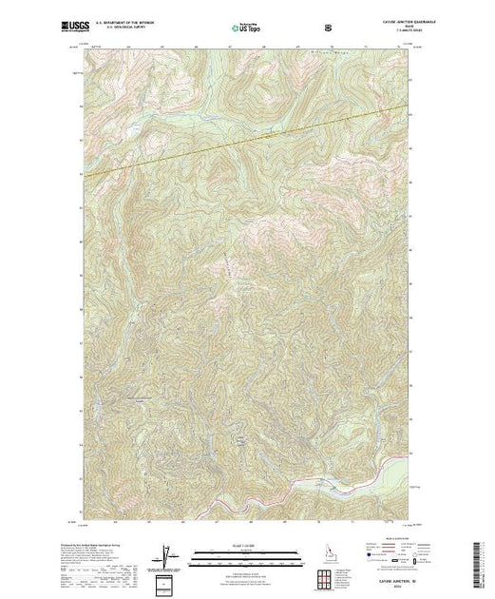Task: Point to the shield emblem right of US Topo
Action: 326,27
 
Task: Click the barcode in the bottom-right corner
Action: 479,557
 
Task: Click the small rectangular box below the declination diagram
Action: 167,582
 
